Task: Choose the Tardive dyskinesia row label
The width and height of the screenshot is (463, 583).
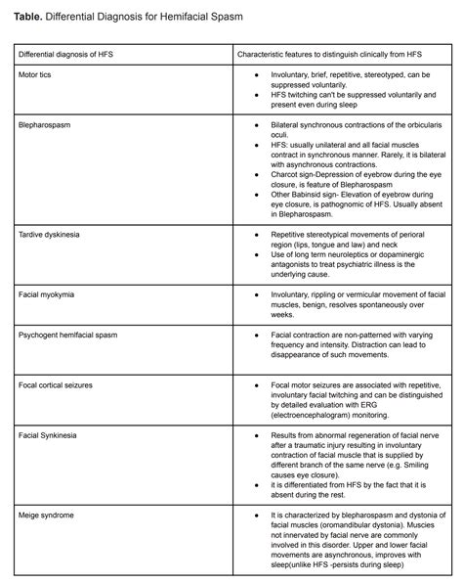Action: [53, 236]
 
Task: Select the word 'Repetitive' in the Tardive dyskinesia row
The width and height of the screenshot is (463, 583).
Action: [291, 235]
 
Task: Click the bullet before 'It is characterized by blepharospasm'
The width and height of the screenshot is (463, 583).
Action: [255, 514]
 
